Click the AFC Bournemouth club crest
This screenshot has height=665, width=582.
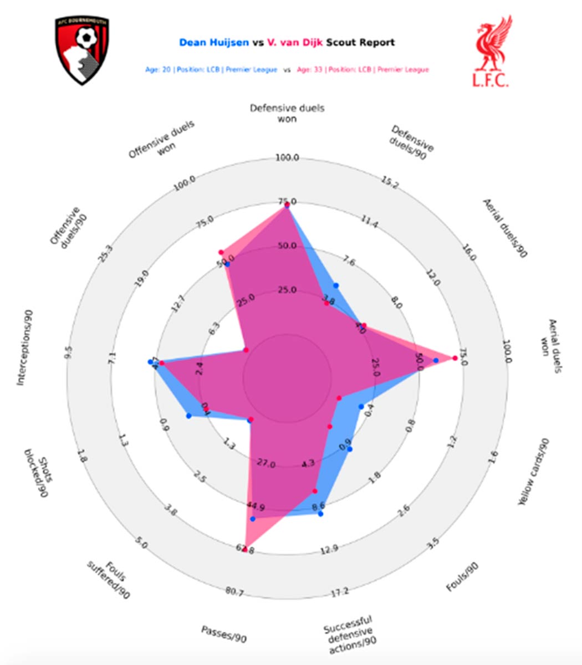pyautogui.click(x=82, y=50)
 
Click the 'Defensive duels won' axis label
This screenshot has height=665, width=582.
pyautogui.click(x=287, y=113)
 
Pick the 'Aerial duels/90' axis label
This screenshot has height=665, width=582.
pyautogui.click(x=505, y=228)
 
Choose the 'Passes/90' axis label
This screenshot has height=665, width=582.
pyautogui.click(x=224, y=634)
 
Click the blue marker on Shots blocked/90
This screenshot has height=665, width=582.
pyautogui.click(x=188, y=416)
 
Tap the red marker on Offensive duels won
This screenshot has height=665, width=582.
pyautogui.click(x=221, y=252)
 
